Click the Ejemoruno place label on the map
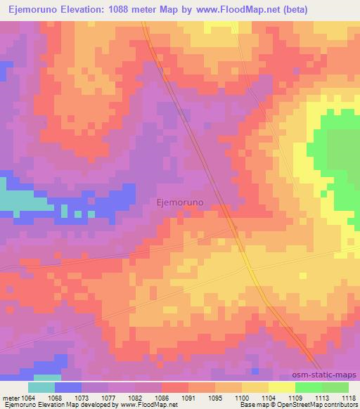point(179,202)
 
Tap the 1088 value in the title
point(124,8)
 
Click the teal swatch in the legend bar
point(41,387)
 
